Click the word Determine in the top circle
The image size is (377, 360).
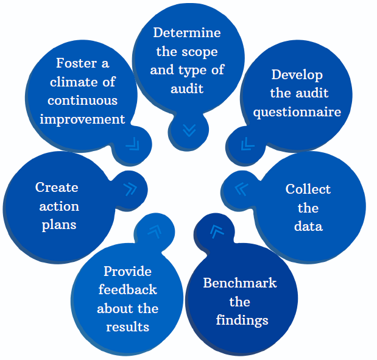tap(187, 32)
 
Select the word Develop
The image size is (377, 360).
tap(297, 75)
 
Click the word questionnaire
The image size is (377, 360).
tap(297, 113)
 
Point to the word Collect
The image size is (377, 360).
tap(308, 189)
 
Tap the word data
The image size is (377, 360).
tap(308, 226)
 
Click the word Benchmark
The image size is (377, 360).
tap(240, 283)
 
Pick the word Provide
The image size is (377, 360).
tap(127, 271)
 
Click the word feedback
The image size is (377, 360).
tap(127, 289)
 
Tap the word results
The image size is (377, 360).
tap(128, 327)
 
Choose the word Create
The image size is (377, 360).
tap(57, 187)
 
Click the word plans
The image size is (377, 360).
tap(59, 225)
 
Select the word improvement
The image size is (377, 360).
tap(83, 119)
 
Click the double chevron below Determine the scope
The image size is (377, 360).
tap(189, 130)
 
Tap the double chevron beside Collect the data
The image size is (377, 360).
tap(241, 189)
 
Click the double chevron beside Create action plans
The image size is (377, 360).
tap(130, 189)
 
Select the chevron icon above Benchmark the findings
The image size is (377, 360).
tap(217, 231)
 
